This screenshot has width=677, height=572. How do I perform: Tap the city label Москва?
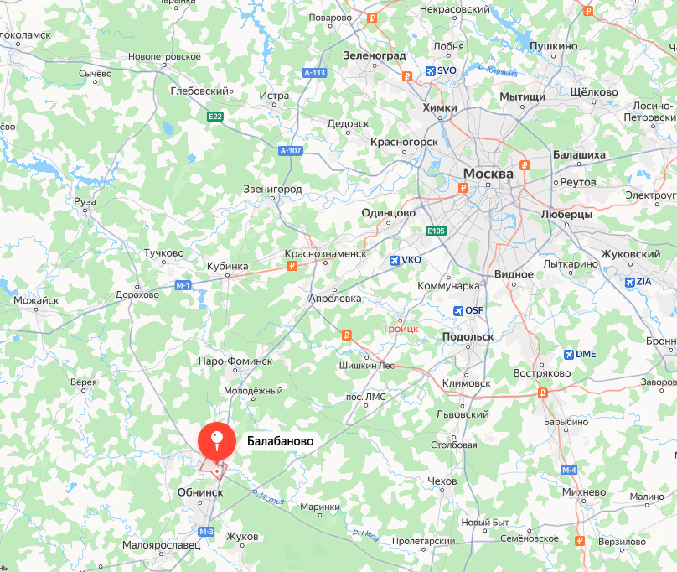(x=488, y=174)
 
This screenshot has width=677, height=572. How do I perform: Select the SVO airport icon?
(x=430, y=71)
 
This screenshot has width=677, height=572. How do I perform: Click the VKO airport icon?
(x=395, y=260)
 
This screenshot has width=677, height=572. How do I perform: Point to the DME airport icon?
(x=569, y=354)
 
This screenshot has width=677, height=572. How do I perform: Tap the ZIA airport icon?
(x=629, y=282)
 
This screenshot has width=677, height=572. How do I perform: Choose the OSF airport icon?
(x=457, y=311)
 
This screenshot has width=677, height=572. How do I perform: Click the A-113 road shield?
(x=314, y=73)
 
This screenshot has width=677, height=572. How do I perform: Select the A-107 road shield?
(x=290, y=150)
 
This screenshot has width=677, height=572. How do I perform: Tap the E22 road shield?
(x=215, y=117)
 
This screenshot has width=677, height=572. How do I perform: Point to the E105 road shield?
(x=435, y=231)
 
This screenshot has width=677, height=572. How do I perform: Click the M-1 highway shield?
(x=183, y=286)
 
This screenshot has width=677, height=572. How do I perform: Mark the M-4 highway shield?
(x=570, y=470)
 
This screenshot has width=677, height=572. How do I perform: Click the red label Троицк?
(x=400, y=329)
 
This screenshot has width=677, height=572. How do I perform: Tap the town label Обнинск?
(x=200, y=492)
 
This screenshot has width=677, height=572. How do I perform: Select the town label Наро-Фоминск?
(x=235, y=361)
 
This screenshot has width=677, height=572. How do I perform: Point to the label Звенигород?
(x=272, y=190)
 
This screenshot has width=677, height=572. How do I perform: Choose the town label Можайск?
(x=36, y=300)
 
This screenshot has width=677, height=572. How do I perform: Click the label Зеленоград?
(x=375, y=55)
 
